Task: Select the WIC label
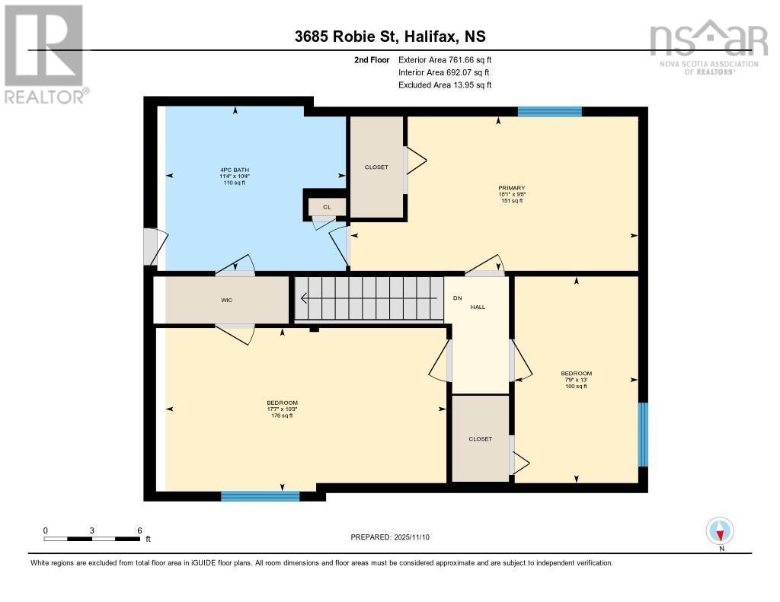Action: (226, 300)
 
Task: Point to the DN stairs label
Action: (457, 298)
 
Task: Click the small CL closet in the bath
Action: (327, 206)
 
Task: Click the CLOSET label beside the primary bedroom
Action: (376, 167)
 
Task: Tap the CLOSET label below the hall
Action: (480, 438)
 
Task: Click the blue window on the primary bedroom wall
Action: (549, 112)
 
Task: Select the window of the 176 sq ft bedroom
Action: (261, 496)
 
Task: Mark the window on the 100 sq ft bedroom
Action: (643, 434)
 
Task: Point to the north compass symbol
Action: (720, 530)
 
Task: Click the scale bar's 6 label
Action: (139, 530)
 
